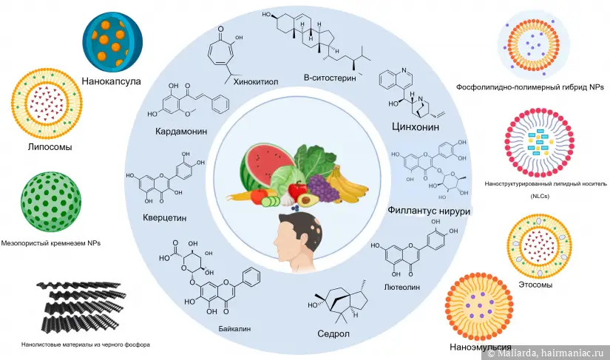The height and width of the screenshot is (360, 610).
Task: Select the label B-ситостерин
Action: pyautogui.click(x=331, y=78)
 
